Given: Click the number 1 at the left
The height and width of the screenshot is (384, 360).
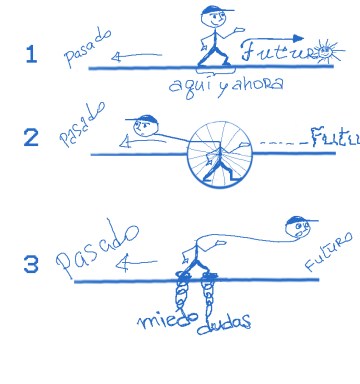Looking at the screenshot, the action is pyautogui.click(x=31, y=54).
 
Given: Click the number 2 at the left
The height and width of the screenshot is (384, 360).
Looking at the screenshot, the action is pyautogui.click(x=31, y=137).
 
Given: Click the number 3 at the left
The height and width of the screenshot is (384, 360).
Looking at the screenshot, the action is pyautogui.click(x=31, y=265).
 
